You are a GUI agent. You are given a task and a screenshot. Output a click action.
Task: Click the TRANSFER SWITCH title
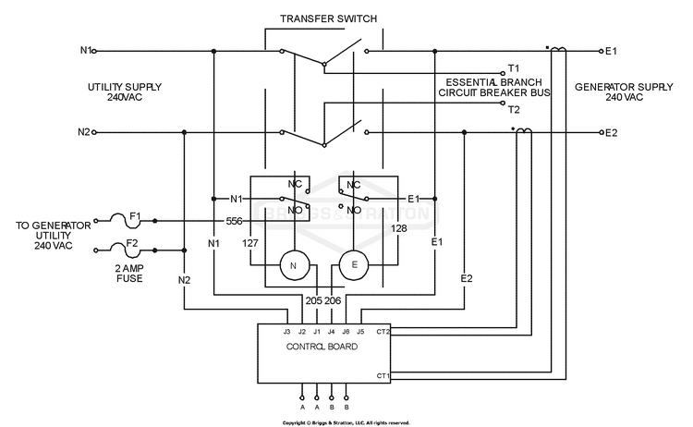pos(328,18)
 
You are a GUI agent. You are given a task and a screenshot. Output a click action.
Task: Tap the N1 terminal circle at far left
pos(94,51)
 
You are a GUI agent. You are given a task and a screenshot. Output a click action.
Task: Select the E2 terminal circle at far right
pos(602,132)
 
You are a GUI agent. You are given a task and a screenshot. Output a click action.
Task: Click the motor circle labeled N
pos(293,265)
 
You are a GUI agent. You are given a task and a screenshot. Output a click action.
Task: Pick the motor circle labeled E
pos(354,265)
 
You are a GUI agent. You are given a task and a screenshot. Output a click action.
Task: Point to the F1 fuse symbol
pos(125,220)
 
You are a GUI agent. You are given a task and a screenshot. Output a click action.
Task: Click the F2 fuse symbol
pos(125,250)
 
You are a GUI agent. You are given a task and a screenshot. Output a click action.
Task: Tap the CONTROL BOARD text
pos(322,347)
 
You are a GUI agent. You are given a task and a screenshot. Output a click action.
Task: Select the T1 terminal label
pos(514,68)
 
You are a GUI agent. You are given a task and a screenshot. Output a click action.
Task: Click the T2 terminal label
pos(514,110)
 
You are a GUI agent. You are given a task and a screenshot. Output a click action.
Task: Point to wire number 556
pos(235,221)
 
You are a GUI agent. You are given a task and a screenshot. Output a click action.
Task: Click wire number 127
pos(250,243)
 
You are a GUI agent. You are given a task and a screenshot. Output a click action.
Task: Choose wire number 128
pos(398,228)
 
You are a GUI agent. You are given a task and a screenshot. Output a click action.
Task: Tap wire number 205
pos(314,300)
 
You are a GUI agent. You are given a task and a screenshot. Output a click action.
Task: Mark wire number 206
pos(333,300)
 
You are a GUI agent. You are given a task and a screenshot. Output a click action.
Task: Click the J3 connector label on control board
pos(286,332)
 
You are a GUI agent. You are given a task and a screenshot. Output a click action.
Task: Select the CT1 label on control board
pos(383,376)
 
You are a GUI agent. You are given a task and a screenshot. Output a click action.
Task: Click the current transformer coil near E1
pos(558,49)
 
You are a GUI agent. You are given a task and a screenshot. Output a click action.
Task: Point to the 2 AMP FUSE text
pos(129,274)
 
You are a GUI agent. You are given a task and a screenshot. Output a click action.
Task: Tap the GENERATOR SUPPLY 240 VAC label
pos(624,91)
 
